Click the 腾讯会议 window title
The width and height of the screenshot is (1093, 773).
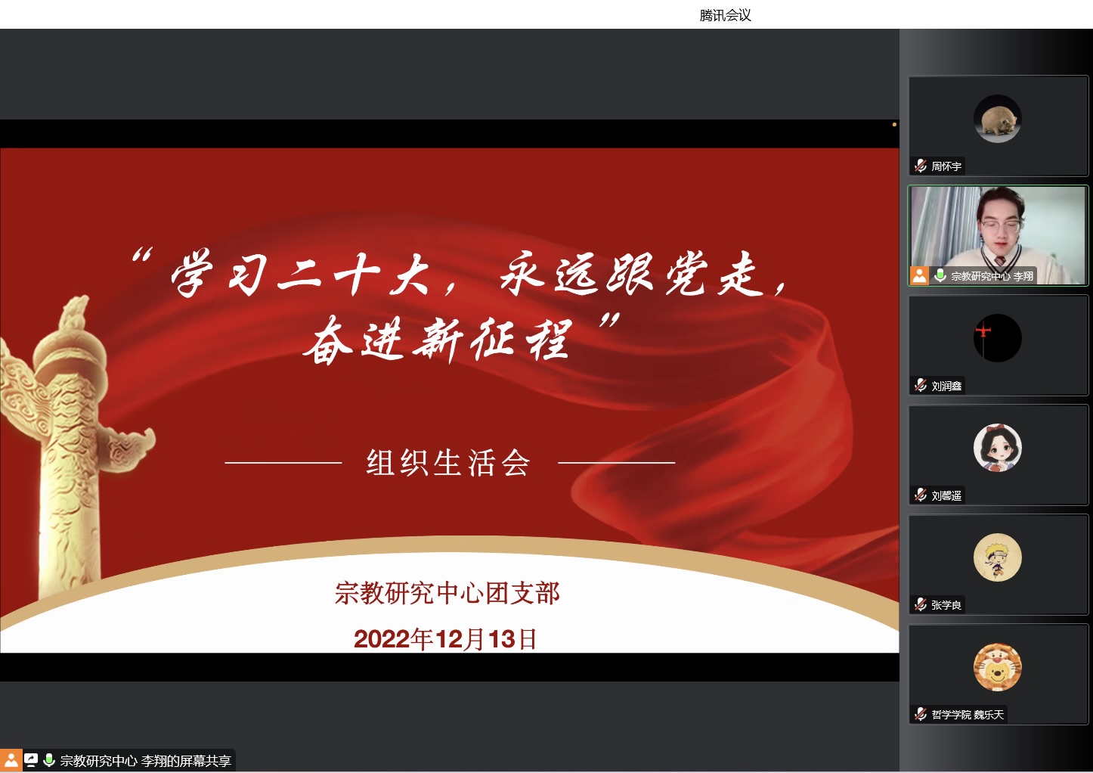click(x=725, y=16)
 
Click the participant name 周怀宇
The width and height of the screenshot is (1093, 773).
click(x=946, y=166)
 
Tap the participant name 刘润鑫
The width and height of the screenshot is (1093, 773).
click(x=946, y=386)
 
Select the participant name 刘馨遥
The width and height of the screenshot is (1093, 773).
click(x=946, y=495)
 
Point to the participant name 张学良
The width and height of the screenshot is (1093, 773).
click(x=946, y=605)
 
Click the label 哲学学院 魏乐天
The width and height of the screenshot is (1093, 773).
click(x=968, y=715)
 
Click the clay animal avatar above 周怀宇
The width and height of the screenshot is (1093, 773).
click(x=997, y=119)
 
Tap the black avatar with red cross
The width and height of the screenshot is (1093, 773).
click(x=997, y=338)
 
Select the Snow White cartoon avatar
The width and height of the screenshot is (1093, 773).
click(x=997, y=448)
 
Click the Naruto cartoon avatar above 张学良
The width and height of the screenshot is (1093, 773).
click(x=997, y=557)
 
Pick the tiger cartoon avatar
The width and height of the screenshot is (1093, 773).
click(x=997, y=667)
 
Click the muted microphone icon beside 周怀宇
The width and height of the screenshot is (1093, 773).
click(x=921, y=166)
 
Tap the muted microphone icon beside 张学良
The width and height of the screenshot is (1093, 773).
click(x=921, y=604)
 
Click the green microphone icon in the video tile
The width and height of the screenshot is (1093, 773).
click(x=940, y=275)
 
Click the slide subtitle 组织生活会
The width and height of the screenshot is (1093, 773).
click(x=448, y=463)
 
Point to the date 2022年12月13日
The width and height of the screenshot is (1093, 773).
click(x=445, y=639)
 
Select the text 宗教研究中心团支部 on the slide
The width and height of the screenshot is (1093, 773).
click(x=447, y=593)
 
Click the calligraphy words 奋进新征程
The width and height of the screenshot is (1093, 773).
click(x=438, y=340)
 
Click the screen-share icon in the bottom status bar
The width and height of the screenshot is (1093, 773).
click(x=31, y=760)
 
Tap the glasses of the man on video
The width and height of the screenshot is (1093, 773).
click(x=999, y=225)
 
